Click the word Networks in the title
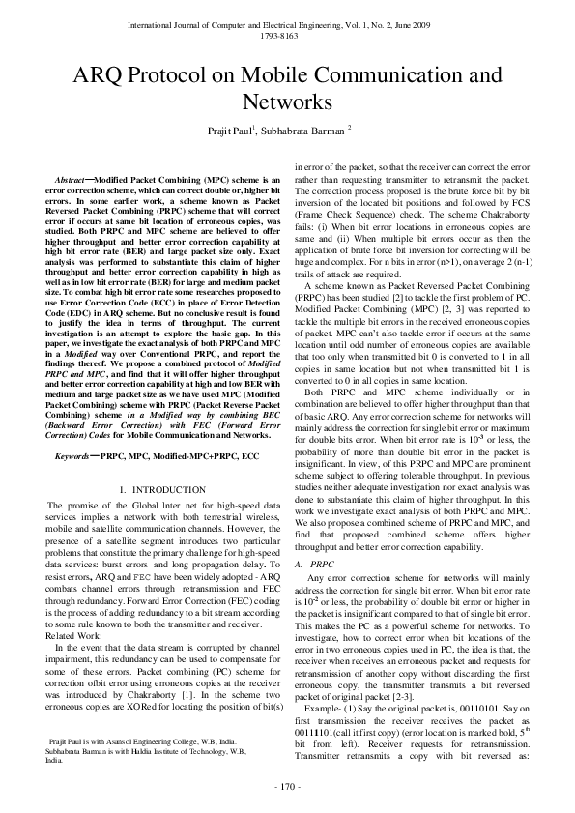[287, 102]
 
